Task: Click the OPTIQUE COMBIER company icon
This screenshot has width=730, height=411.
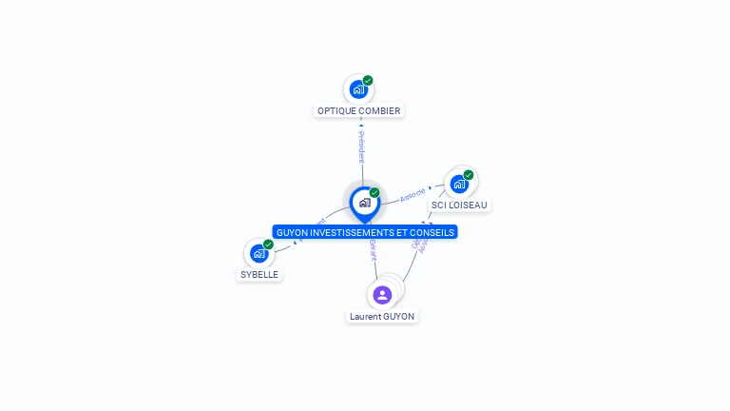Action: tap(358, 89)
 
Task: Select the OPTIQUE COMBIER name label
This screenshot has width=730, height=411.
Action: tap(359, 110)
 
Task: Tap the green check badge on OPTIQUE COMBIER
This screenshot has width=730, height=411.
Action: tap(368, 81)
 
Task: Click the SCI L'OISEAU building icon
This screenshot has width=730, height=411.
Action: tap(459, 184)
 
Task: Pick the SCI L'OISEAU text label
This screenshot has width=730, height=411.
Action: tap(460, 205)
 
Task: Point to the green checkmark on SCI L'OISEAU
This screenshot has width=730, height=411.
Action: tap(469, 175)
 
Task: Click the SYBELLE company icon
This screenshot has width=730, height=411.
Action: tap(259, 253)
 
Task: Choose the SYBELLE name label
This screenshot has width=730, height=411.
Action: tap(260, 274)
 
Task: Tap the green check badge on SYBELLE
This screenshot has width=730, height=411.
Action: tap(268, 245)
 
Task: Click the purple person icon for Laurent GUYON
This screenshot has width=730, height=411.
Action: tap(382, 295)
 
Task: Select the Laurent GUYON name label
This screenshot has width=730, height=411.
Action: tap(382, 316)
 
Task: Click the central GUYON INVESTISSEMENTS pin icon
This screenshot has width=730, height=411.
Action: tap(364, 202)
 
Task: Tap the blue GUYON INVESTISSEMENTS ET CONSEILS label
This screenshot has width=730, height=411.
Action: tap(365, 232)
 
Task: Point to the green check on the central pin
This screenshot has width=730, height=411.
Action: tap(375, 193)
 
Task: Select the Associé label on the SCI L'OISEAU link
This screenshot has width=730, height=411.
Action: tap(413, 195)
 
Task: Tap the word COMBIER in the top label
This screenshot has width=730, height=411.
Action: tap(379, 110)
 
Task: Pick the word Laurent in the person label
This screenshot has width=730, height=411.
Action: tap(364, 316)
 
